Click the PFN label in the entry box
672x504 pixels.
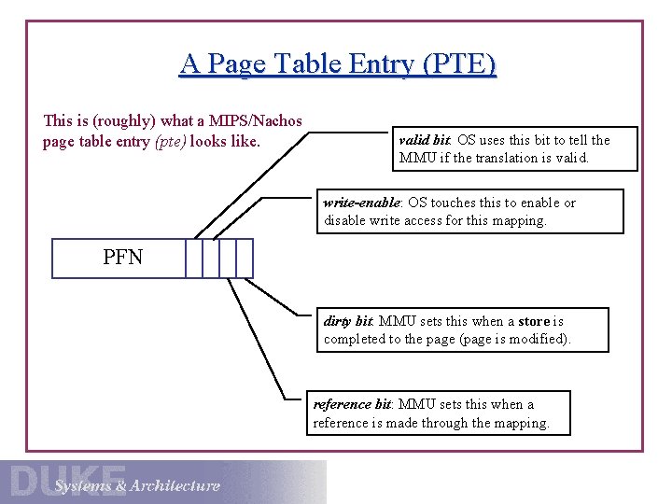click(x=123, y=258)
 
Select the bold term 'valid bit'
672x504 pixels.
click(x=426, y=140)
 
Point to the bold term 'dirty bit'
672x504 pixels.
click(x=348, y=321)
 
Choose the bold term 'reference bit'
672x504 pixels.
click(x=353, y=404)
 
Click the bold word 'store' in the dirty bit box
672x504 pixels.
click(x=535, y=321)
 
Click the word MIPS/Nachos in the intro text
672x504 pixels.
click(x=254, y=120)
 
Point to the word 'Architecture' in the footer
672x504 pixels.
click(x=175, y=485)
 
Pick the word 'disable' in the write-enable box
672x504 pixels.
click(x=346, y=220)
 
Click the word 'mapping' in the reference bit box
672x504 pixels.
click(x=522, y=423)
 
